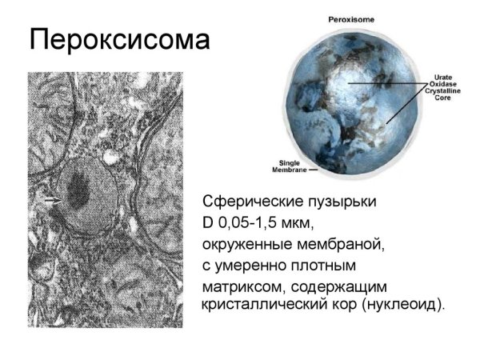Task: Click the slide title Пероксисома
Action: [x=119, y=39]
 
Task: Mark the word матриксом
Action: [x=247, y=285]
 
